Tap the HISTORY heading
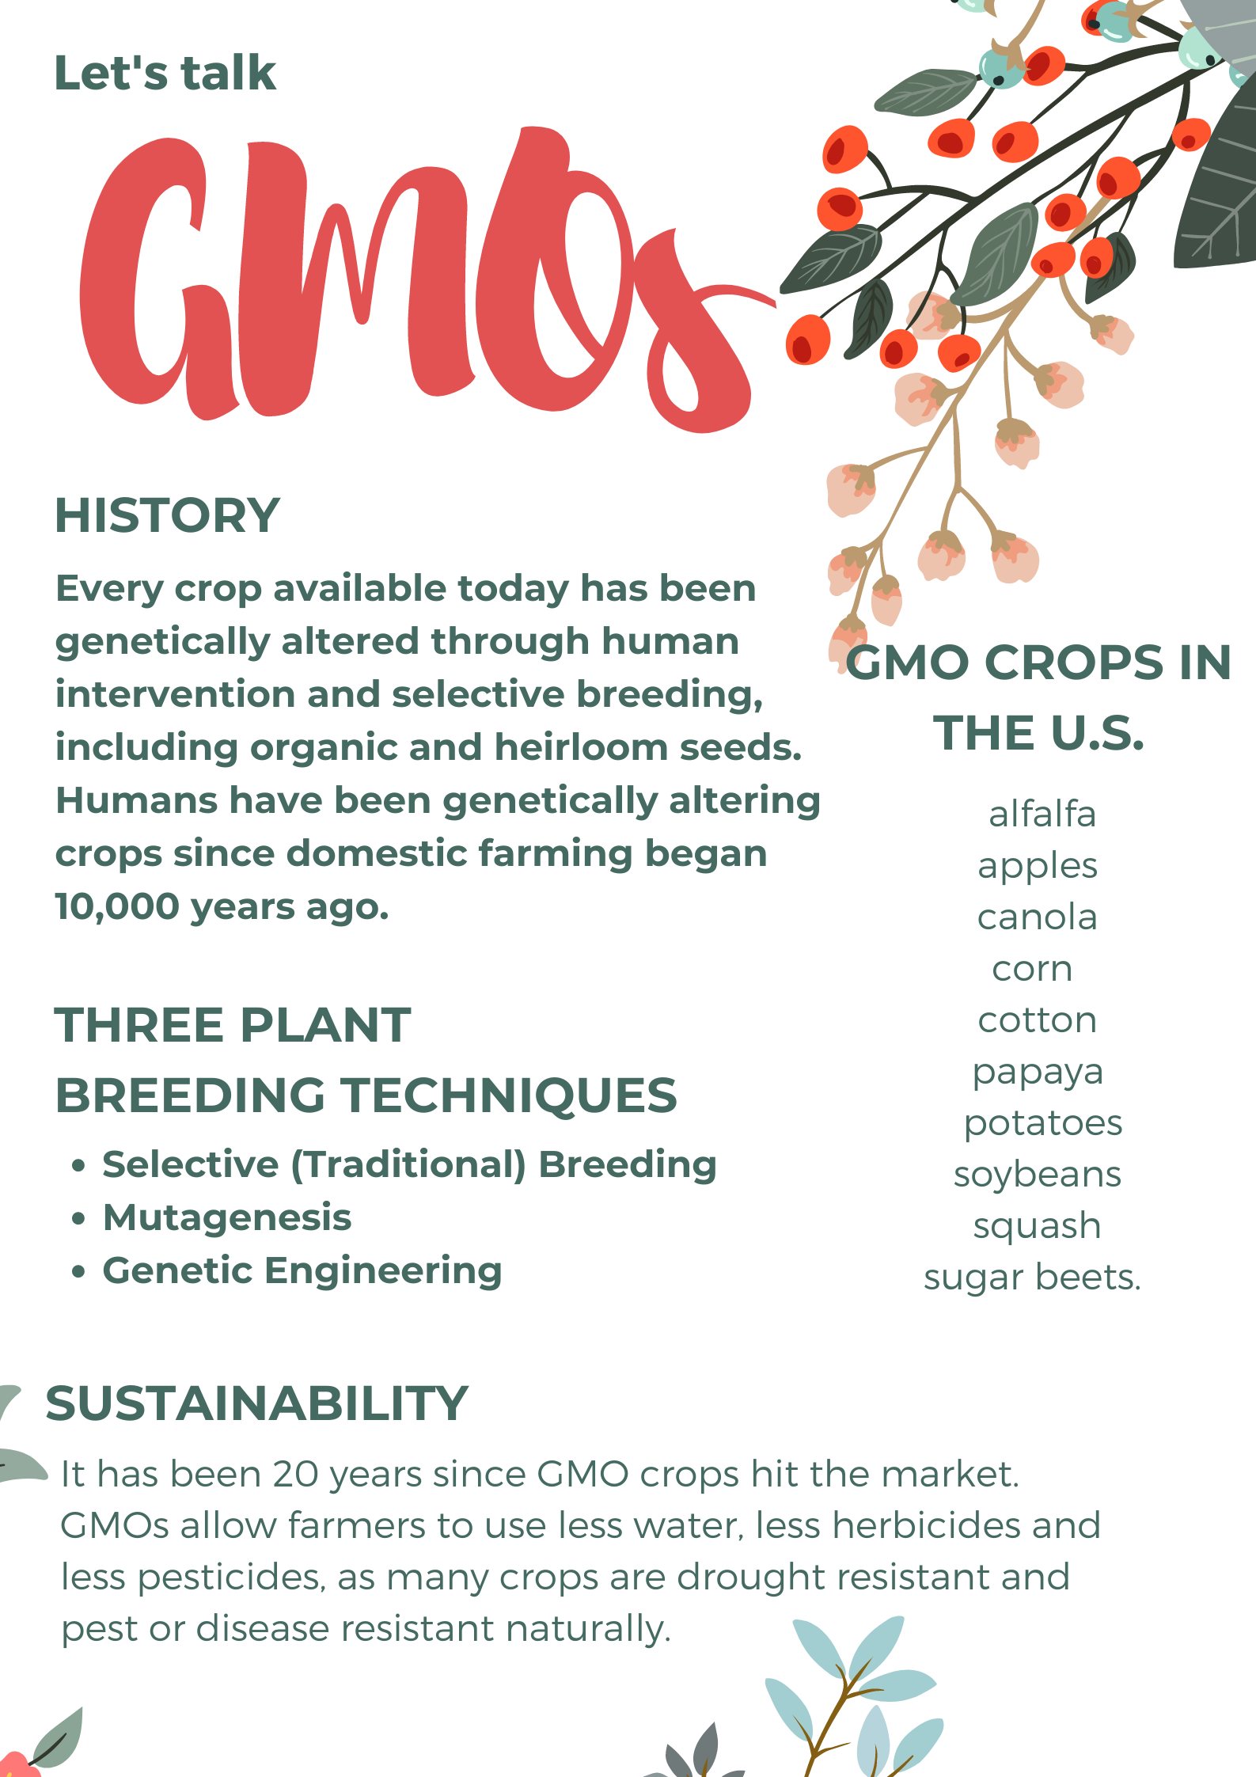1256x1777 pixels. point(167,515)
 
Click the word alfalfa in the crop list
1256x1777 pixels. point(1042,814)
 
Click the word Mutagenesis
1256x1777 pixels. point(227,1218)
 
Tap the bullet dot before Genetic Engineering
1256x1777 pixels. point(78,1272)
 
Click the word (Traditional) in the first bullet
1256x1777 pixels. point(408,1165)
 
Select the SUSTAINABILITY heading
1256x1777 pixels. point(257,1403)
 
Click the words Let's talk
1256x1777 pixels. point(165,73)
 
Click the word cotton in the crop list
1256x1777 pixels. point(1038,1020)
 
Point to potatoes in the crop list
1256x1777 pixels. point(1043,1124)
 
